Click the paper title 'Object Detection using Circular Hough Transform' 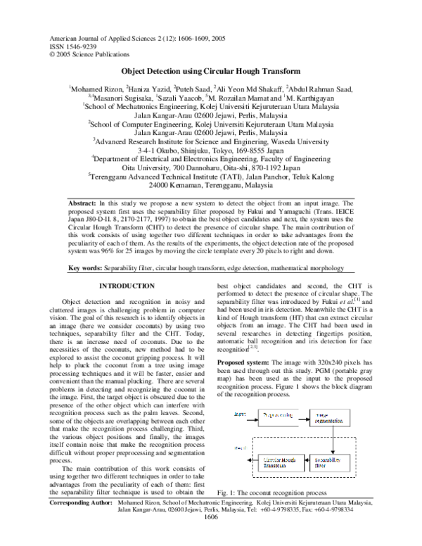tap(211, 72)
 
